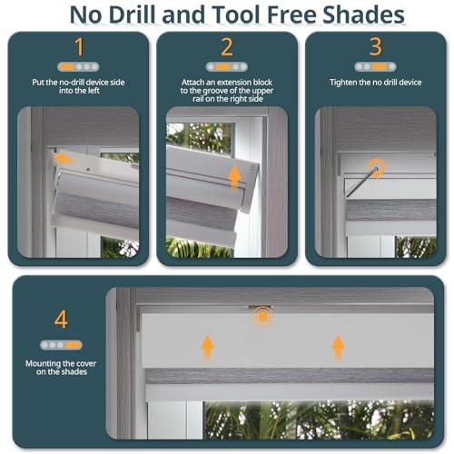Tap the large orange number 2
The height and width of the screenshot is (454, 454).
tap(226, 48)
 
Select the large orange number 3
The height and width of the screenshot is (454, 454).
tap(375, 48)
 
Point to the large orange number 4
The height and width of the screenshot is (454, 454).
tap(61, 320)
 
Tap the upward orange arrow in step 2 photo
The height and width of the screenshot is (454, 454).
tap(233, 178)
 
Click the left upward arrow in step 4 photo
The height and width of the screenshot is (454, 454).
tap(207, 345)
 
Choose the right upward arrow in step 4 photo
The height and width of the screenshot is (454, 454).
tap(338, 345)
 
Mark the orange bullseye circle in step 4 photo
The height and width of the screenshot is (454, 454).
tap(262, 316)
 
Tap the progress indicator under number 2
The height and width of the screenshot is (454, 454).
tap(226, 67)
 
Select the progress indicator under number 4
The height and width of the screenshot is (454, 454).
tap(61, 345)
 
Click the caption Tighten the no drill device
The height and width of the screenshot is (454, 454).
tap(375, 83)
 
